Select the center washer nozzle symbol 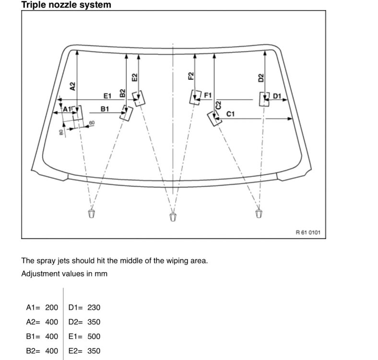coord(173,217)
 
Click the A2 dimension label coord(72,86)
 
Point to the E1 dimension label coord(107,96)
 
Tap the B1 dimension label coord(105,109)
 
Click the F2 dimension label coord(190,76)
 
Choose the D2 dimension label coord(261,78)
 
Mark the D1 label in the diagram coord(277,96)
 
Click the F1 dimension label coord(208,95)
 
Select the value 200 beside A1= coord(51,308)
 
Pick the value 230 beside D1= coord(94,308)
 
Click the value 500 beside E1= coord(94,336)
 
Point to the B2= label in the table coord(34,351)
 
